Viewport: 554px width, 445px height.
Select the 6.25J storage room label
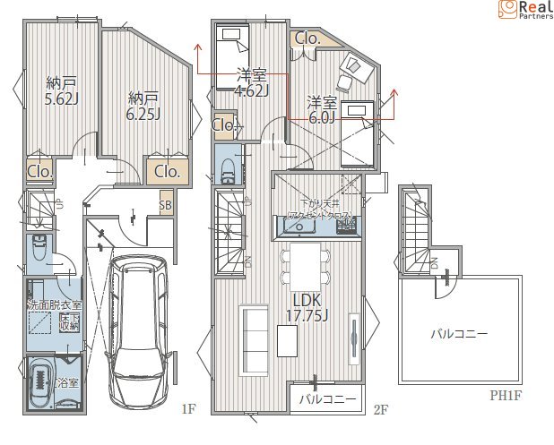click(144, 106)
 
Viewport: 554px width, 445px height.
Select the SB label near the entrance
click(166, 205)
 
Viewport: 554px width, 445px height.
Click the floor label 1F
click(187, 410)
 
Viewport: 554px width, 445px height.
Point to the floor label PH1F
click(506, 395)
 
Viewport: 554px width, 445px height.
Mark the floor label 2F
click(380, 410)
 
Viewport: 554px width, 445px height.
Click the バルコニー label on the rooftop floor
click(458, 334)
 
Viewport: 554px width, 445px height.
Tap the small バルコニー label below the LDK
click(328, 399)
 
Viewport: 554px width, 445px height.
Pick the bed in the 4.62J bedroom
click(232, 58)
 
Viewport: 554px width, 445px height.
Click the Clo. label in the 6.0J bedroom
click(307, 39)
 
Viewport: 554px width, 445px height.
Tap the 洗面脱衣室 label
click(54, 305)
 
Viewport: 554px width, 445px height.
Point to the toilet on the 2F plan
click(225, 167)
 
